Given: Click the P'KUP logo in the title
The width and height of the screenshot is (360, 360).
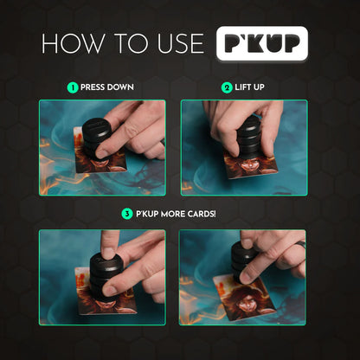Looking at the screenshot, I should pos(261,43).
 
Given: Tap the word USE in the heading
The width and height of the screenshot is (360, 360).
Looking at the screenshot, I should pos(173,43).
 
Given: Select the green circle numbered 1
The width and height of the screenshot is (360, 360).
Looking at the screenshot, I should pos(73,87).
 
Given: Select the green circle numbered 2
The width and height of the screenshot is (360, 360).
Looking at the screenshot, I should pos(227,87).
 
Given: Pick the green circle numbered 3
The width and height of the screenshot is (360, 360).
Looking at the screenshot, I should pos(125,214).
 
